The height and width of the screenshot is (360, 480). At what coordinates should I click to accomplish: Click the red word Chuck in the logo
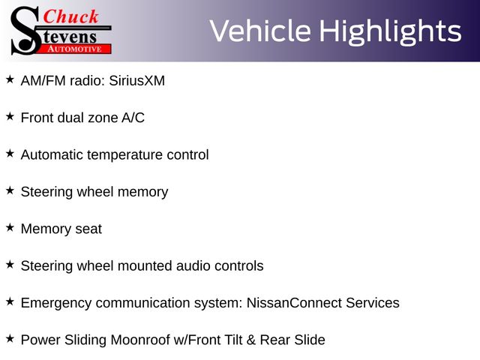coord(70,16)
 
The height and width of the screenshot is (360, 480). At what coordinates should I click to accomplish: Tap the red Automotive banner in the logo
coord(74,49)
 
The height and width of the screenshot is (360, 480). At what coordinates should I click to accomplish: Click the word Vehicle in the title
coord(260,31)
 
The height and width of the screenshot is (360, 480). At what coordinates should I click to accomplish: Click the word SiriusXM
coord(136,81)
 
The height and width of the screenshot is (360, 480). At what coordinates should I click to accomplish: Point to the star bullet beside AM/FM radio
coord(10,79)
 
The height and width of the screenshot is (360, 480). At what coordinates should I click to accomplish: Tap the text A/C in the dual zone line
coord(133,118)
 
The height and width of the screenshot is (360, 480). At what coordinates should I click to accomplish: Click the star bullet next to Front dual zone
coord(10,116)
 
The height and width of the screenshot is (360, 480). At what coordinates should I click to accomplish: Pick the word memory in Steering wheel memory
coord(143,193)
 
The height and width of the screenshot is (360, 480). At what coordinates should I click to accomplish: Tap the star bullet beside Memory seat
coord(10,227)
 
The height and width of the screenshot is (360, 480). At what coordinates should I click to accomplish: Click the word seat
coord(88,229)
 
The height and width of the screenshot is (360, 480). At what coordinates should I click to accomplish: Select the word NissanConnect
coord(294,303)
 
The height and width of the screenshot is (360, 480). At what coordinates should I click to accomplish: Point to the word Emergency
coord(56,303)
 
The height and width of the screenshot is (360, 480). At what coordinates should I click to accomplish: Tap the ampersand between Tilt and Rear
coord(251,340)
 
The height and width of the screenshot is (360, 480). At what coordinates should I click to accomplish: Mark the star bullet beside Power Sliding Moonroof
coord(10,338)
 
